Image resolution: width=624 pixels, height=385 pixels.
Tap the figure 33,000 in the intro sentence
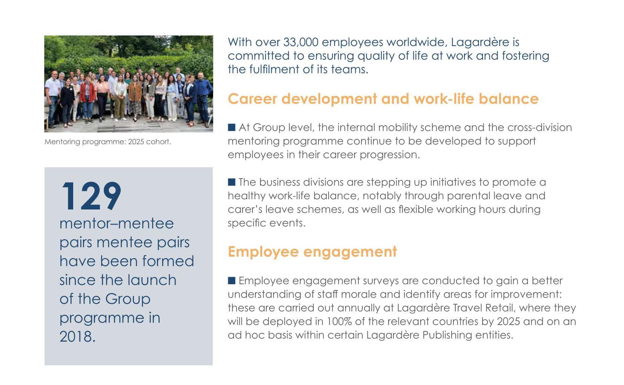pyautogui.click(x=301, y=42)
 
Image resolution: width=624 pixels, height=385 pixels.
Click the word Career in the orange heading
pyautogui.click(x=252, y=99)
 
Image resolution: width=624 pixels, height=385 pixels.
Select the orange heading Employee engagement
pyautogui.click(x=312, y=252)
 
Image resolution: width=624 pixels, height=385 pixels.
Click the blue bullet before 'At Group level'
pyautogui.click(x=232, y=128)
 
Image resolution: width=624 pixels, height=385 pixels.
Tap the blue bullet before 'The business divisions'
pyautogui.click(x=232, y=182)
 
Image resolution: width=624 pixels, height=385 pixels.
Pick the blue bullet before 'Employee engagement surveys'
pyautogui.click(x=232, y=280)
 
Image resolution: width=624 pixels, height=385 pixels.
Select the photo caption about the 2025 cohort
pyautogui.click(x=108, y=142)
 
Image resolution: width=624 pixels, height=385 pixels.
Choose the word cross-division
pyautogui.click(x=539, y=128)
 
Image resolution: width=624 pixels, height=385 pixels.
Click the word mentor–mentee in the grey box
pyautogui.click(x=117, y=223)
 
